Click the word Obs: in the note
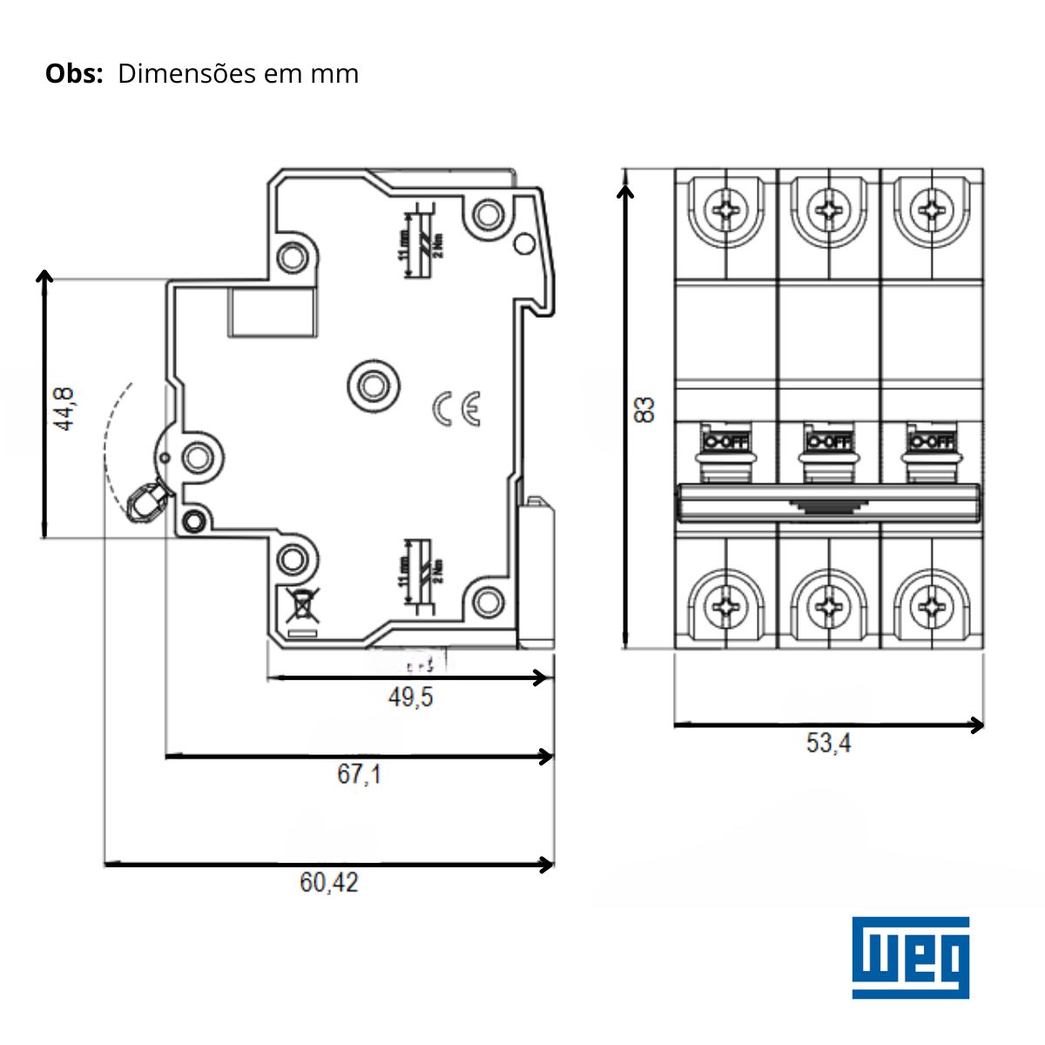(74, 74)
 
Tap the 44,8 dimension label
(65, 408)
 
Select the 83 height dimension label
(644, 409)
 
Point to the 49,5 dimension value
(410, 698)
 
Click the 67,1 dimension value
(359, 773)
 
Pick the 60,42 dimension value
(328, 883)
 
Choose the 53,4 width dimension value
(828, 744)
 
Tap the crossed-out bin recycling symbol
(300, 603)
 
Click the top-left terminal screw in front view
(725, 210)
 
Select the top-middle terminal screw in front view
(828, 210)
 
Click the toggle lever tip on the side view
(144, 502)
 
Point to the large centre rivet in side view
(373, 384)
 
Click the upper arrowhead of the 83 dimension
(625, 185)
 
